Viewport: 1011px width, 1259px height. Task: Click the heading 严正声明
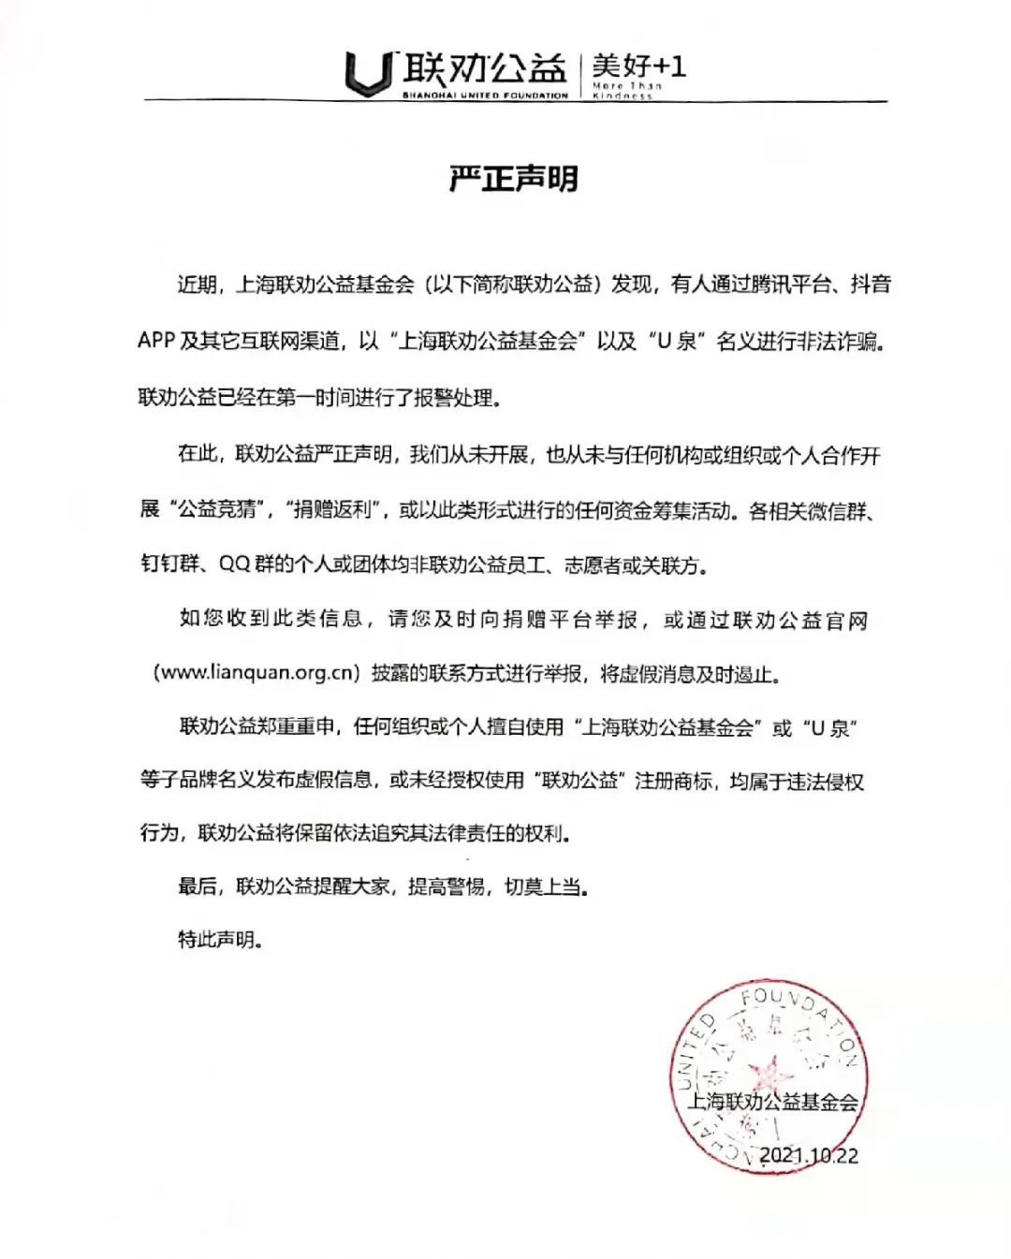(x=513, y=178)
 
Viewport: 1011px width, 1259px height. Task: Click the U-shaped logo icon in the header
(x=367, y=73)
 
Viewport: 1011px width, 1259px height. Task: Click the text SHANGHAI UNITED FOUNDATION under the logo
(x=485, y=95)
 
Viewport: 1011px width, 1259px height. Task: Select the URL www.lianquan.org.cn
(x=256, y=673)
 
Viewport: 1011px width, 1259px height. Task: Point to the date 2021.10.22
(x=809, y=1154)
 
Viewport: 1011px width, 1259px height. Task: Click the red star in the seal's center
(x=773, y=1068)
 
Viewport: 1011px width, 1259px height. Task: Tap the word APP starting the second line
(x=156, y=341)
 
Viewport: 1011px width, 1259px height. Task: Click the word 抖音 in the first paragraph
(x=870, y=285)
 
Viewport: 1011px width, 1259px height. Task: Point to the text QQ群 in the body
(x=247, y=565)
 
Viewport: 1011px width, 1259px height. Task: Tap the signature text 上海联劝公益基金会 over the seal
(x=773, y=1102)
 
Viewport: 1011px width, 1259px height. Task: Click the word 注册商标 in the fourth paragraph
(x=673, y=781)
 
